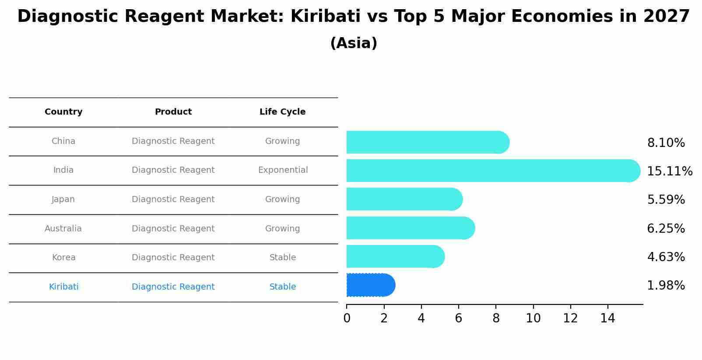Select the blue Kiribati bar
[x=370, y=285]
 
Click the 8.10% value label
[x=666, y=143]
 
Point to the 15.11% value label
[x=669, y=171]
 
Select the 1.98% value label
[x=666, y=286]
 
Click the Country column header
[x=63, y=112]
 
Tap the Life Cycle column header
[x=282, y=112]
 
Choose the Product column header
[x=173, y=112]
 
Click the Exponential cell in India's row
[x=283, y=170]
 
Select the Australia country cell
[x=63, y=229]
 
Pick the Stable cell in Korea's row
[x=283, y=258]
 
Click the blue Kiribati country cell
[x=64, y=287]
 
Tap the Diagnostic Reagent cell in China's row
[x=173, y=141]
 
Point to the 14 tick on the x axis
[x=607, y=318]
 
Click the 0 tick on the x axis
[x=347, y=318]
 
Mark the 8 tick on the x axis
[x=496, y=318]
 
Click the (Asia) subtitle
[x=354, y=43]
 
